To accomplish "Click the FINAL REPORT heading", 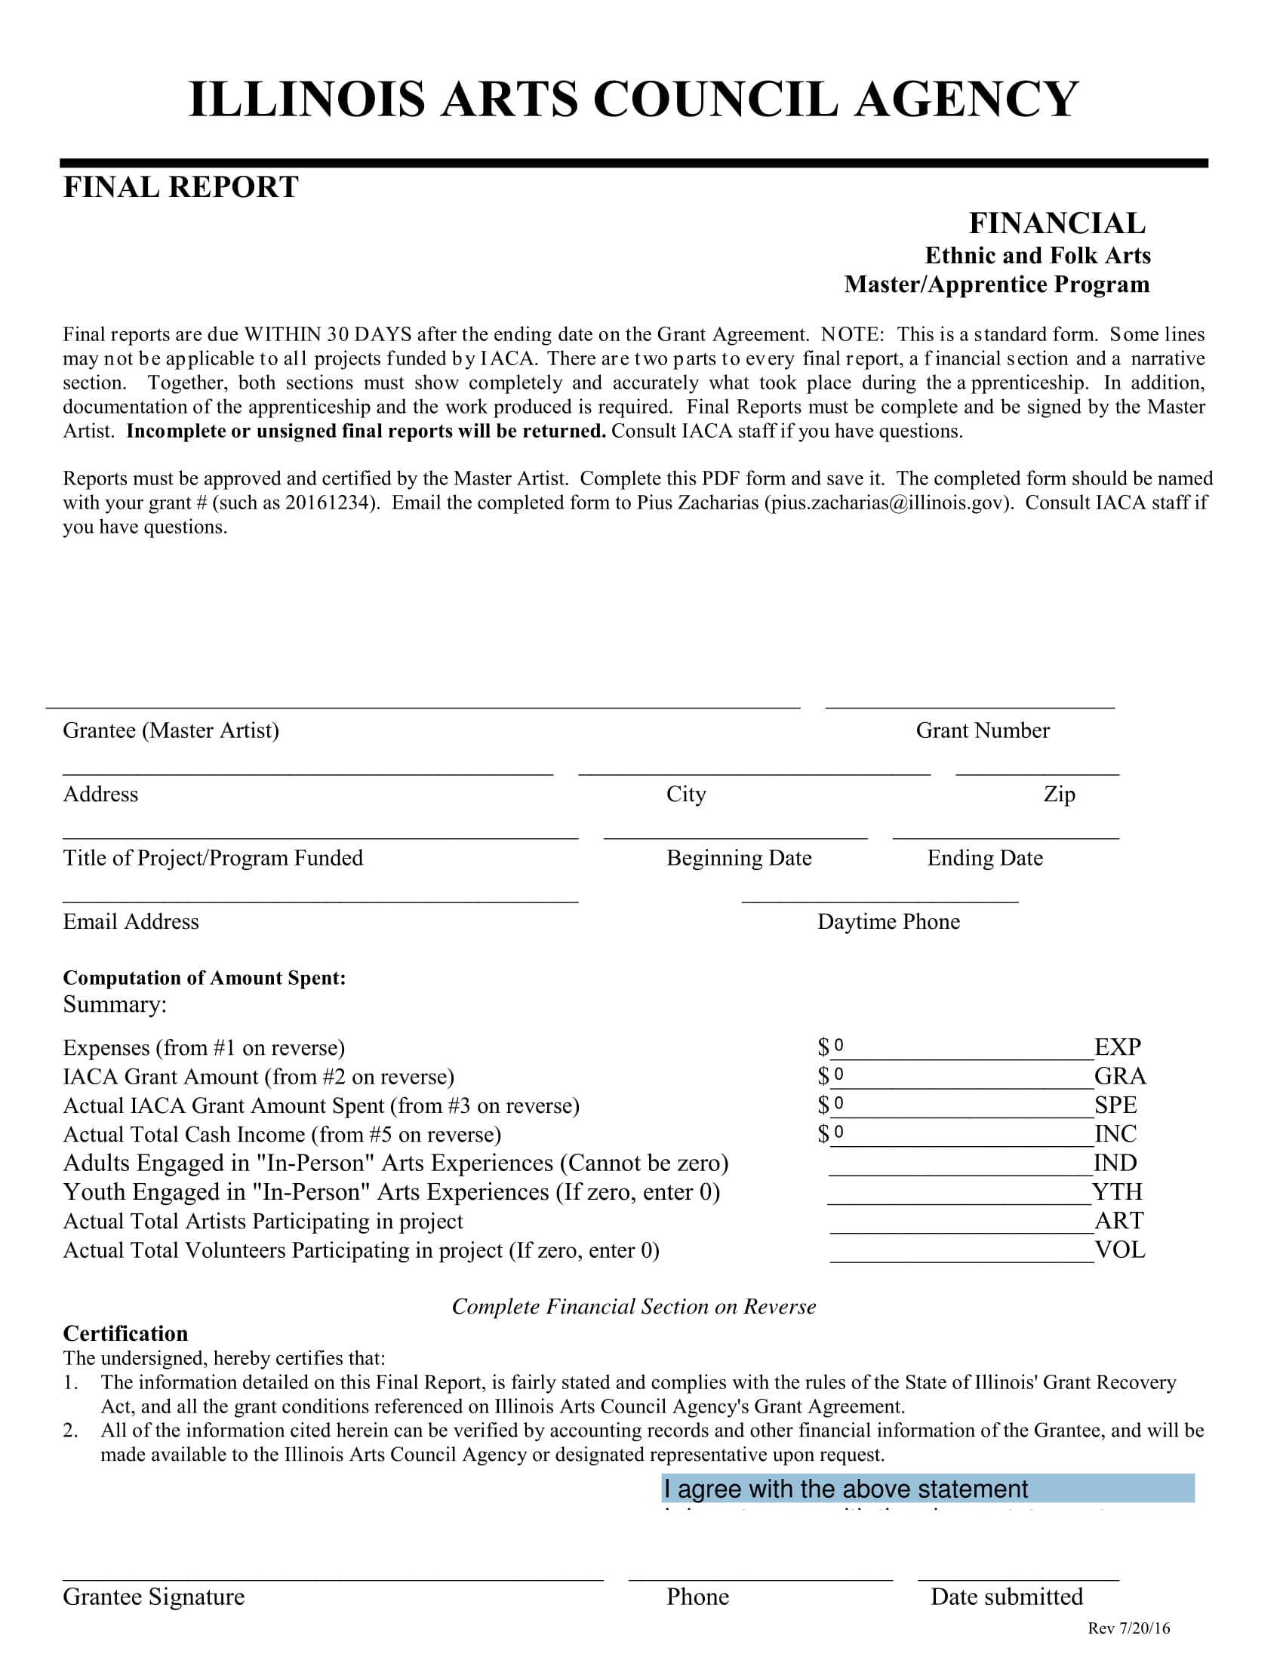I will pos(180,187).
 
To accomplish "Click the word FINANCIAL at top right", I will pos(1057,223).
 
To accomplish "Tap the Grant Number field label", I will pos(982,730).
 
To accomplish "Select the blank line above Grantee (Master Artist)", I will pos(423,702).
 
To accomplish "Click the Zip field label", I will pos(1059,795).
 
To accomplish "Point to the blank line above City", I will pos(754,768).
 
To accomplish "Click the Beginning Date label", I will pos(739,858).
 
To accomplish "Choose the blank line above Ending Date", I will pos(1005,833).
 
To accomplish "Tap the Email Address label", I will pos(131,922).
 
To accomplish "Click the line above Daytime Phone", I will pos(879,897).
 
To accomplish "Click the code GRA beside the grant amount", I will pos(1119,1076).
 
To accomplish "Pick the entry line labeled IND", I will pos(961,1164).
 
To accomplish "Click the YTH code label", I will pos(1117,1191).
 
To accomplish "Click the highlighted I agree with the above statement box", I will pos(928,1488).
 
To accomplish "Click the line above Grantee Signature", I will pos(332,1573).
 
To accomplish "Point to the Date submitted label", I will pos(1006,1597).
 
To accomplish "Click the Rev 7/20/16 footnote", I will pos(1128,1628).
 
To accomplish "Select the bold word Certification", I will pos(125,1333).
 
